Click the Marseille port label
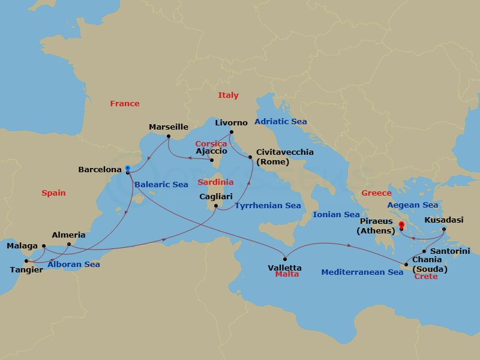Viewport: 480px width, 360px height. [169, 127]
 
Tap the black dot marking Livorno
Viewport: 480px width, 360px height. [231, 133]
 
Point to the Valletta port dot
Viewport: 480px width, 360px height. [285, 259]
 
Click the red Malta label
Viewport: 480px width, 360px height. [286, 274]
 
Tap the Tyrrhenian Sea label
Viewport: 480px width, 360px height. [268, 206]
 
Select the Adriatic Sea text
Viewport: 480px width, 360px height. [280, 122]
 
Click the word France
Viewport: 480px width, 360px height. [124, 104]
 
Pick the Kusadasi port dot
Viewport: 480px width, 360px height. [443, 229]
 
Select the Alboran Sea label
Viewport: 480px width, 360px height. [75, 264]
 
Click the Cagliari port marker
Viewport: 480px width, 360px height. [216, 207]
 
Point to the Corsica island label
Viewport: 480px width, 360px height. [211, 144]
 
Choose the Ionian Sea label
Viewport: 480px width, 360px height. [336, 214]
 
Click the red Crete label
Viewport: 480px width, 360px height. [425, 277]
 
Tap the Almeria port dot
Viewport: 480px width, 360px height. [69, 244]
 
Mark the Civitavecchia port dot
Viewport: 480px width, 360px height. [250, 157]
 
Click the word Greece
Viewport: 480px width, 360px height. [376, 193]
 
